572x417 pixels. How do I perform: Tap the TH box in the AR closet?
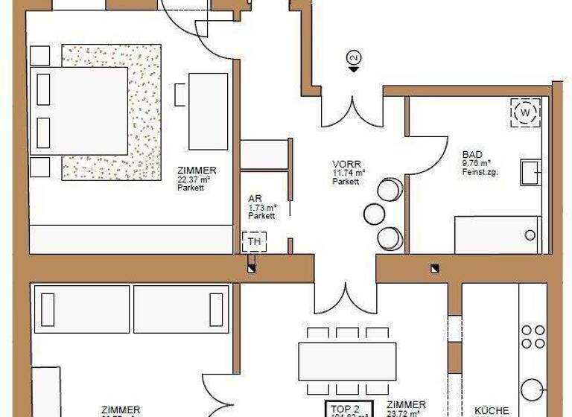253,241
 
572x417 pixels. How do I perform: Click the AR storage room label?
254,199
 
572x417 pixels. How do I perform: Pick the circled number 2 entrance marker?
354,57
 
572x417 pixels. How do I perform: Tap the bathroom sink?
531,171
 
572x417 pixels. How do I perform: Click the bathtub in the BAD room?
498,235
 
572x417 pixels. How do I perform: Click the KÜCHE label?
492,410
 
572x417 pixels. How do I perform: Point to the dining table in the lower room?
347,362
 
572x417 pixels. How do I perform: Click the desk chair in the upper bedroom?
180,95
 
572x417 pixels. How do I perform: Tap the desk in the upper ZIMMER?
209,111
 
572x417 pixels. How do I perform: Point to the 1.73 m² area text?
262,207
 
